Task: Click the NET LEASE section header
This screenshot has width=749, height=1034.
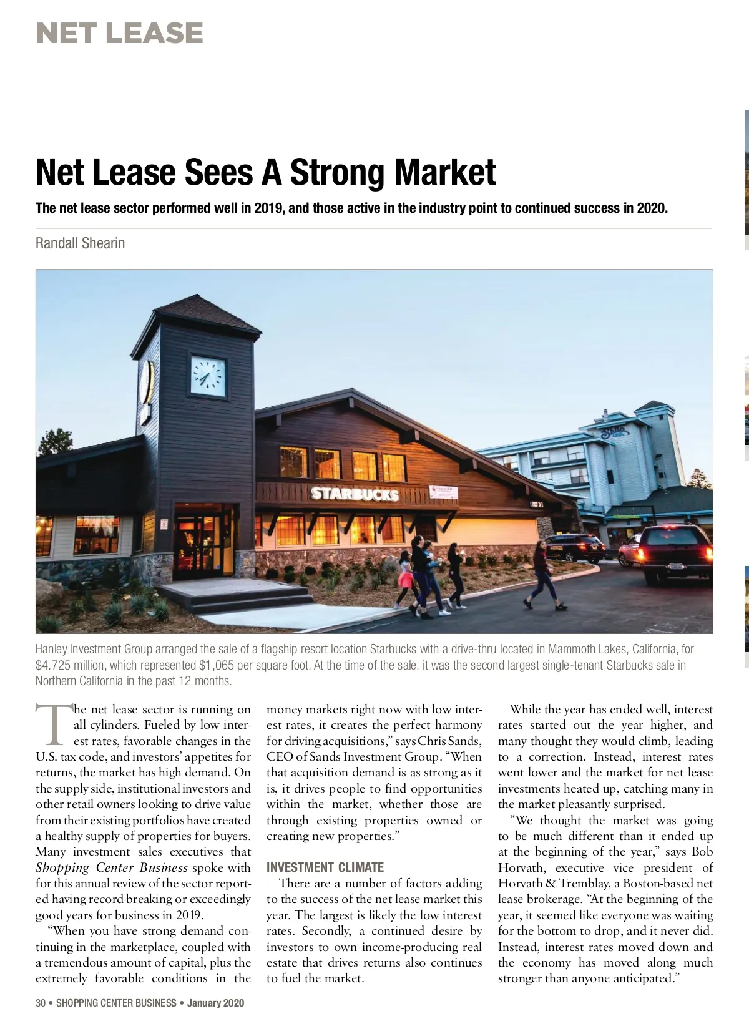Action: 119,33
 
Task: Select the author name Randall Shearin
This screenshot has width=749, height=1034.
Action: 80,243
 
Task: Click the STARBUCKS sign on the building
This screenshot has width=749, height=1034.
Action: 355,494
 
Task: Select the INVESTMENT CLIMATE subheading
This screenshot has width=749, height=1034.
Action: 325,867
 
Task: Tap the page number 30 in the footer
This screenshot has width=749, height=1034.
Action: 41,1003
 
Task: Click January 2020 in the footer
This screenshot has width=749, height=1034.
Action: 215,1003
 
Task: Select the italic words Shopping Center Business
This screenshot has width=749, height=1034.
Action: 111,867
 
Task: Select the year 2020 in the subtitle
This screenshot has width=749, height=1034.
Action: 652,208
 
